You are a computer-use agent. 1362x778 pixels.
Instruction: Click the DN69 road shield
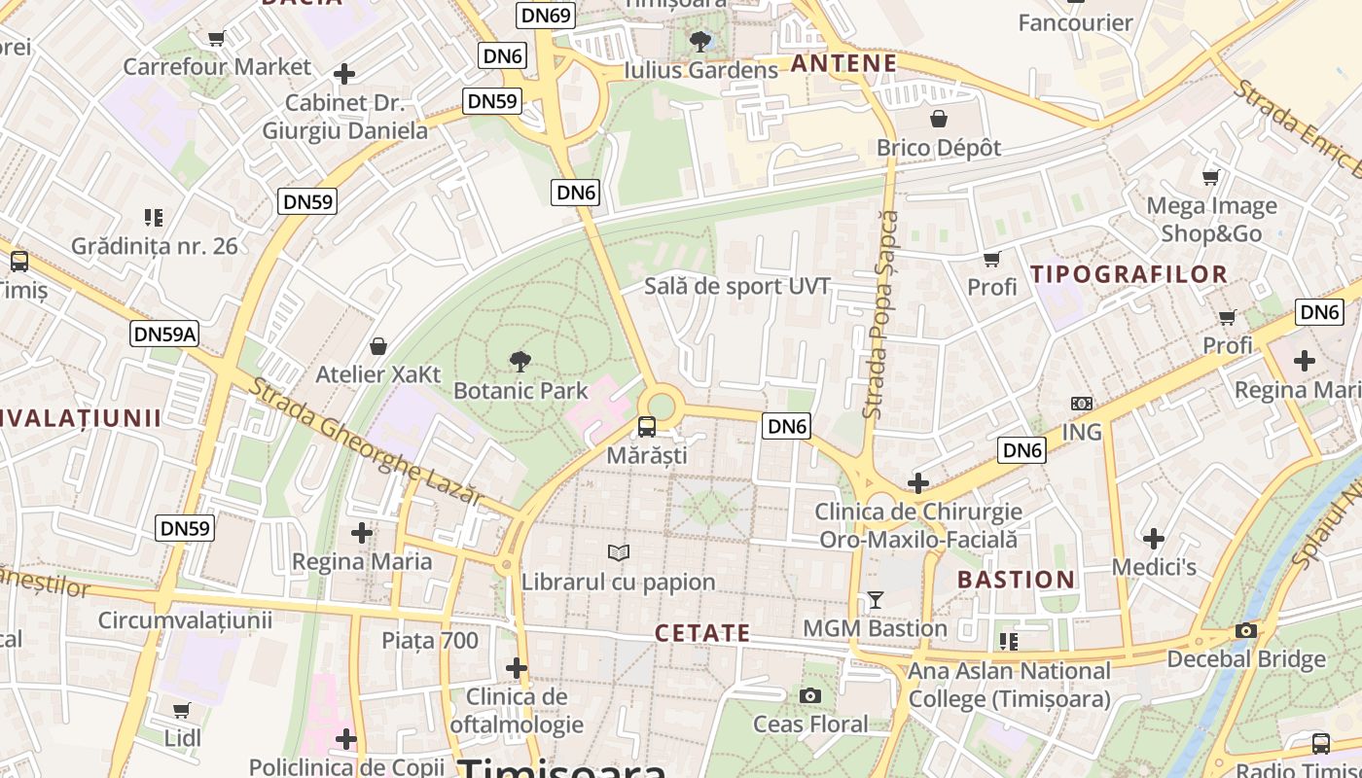coord(546,15)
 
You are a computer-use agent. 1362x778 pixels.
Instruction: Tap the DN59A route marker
coord(164,335)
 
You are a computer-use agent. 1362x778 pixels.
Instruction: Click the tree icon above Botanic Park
coord(520,362)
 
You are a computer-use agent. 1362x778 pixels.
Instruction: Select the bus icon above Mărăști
coord(646,426)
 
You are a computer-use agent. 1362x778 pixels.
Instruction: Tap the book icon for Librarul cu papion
coord(618,552)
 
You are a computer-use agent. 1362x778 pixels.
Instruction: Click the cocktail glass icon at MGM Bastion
coord(875,599)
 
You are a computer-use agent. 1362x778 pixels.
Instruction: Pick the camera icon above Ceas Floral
coord(809,695)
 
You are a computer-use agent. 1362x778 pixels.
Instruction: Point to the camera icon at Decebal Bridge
coord(1245,630)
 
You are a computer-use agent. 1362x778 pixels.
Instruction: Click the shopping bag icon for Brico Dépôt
coord(939,119)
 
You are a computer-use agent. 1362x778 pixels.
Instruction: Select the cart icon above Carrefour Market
coord(216,38)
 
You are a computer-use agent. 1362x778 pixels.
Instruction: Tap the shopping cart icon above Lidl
coord(182,710)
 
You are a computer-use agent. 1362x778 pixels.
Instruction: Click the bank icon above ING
coord(1081,403)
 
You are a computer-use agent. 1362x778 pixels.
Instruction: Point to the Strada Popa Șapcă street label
coord(880,315)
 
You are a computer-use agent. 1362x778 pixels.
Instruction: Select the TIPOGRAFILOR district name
coord(1129,274)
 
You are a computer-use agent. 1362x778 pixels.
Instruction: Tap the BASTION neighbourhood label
coord(1017,580)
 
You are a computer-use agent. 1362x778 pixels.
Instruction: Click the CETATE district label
coord(702,633)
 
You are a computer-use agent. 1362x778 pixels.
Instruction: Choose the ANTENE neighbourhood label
coord(842,64)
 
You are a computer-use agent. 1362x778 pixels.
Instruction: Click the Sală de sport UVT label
coord(737,286)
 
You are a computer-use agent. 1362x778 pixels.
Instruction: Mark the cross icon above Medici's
coord(1153,538)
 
